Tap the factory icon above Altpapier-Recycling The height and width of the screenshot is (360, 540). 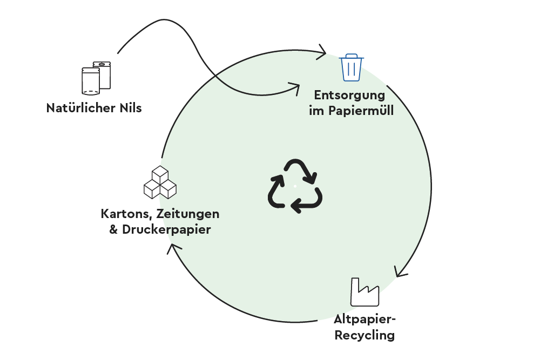[x=364, y=292]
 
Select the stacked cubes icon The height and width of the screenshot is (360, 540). [x=160, y=182]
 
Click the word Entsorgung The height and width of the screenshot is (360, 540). [x=349, y=96]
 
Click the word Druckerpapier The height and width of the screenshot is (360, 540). [x=166, y=229]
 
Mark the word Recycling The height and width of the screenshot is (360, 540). [x=364, y=335]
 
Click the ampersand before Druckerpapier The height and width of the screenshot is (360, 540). [x=114, y=229]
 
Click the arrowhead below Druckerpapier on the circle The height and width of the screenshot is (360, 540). [x=172, y=249]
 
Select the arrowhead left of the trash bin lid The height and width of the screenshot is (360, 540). [x=322, y=52]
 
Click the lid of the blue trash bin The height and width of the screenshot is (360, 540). [x=352, y=57]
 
